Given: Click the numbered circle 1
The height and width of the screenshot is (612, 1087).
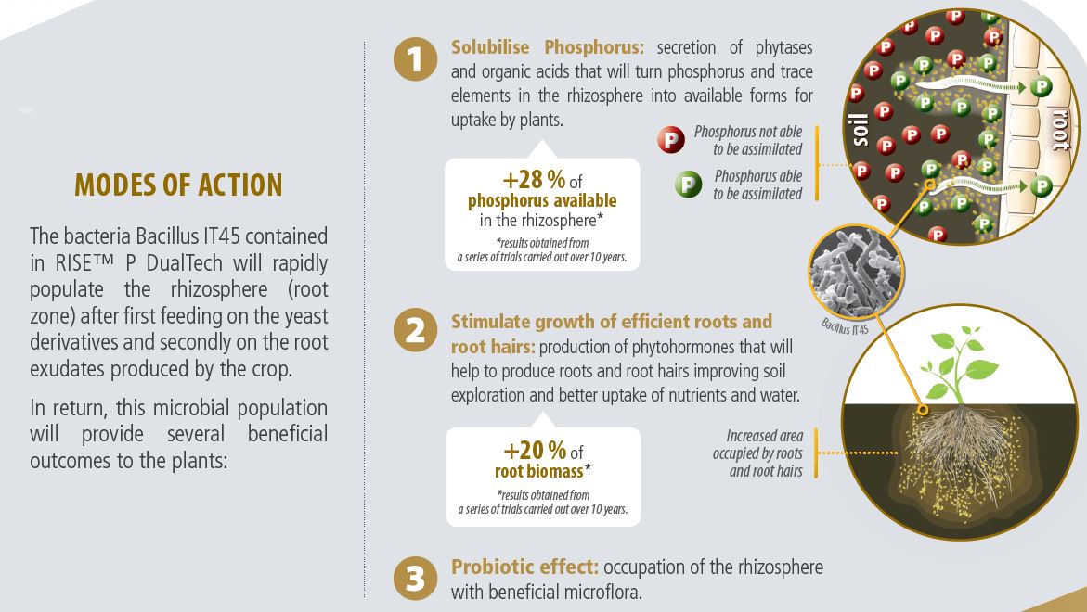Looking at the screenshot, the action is tap(415, 58).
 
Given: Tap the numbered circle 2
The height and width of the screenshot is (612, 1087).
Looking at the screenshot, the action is tap(415, 329).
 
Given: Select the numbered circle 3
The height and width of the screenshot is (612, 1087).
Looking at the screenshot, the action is tap(415, 578).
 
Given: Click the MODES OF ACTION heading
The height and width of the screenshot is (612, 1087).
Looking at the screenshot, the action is tap(179, 185).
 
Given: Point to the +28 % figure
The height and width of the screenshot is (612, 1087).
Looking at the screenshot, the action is tap(534, 180).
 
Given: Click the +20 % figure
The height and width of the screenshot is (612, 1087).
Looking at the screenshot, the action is tap(535, 451).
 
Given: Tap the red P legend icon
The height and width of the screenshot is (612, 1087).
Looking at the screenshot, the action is tap(671, 140).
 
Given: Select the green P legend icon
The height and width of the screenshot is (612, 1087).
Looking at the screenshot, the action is tap(689, 185).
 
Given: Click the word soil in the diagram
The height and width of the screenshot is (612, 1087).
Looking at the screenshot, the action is tap(860, 130).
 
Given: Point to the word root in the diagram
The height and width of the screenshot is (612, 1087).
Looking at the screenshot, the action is tap(1061, 129).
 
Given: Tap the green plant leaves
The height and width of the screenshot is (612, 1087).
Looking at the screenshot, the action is tap(957, 364).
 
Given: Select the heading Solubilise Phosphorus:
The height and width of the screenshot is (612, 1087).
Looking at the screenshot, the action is tap(548, 47).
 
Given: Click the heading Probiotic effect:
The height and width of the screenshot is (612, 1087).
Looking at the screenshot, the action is tap(524, 567).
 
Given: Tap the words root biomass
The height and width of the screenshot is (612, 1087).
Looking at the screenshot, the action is tap(538, 471).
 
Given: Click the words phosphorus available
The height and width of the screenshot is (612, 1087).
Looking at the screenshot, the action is tap(542, 201).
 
